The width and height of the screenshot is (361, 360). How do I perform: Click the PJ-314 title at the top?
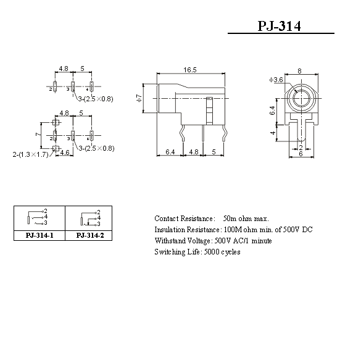tap(279, 26)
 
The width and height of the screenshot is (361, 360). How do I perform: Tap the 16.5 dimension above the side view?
tap(190, 70)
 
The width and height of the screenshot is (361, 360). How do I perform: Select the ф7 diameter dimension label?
tap(139, 98)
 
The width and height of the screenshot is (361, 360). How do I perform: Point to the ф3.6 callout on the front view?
tap(276, 80)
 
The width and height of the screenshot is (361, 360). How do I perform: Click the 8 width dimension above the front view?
tap(299, 71)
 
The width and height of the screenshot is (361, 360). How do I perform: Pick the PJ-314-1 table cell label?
tap(39, 235)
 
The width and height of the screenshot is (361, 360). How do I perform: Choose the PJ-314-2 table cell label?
tap(90, 235)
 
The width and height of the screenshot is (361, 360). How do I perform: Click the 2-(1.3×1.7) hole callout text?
tap(31, 154)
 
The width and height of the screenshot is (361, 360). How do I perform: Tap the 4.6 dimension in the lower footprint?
tap(65, 153)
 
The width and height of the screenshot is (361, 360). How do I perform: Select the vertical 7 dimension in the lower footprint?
tap(38, 134)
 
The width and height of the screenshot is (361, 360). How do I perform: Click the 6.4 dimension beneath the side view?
tap(170, 152)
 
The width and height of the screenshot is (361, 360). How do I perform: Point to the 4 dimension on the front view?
tap(273, 133)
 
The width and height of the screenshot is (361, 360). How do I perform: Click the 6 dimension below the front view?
tap(301, 154)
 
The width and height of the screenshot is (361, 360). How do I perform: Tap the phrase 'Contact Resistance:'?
tap(185, 219)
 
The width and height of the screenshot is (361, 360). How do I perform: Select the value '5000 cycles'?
tap(222, 252)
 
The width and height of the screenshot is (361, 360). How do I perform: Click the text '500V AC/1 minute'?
tap(243, 241)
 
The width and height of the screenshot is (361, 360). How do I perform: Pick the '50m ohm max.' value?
tap(246, 219)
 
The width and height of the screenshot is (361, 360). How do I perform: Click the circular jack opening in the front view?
tap(301, 98)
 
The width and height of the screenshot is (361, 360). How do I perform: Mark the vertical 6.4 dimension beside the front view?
tap(273, 111)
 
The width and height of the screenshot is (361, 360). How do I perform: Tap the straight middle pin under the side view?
tap(203, 133)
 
